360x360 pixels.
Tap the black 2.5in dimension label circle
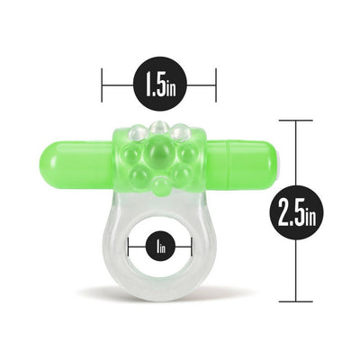(290, 212)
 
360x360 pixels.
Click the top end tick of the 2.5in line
(290, 120)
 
